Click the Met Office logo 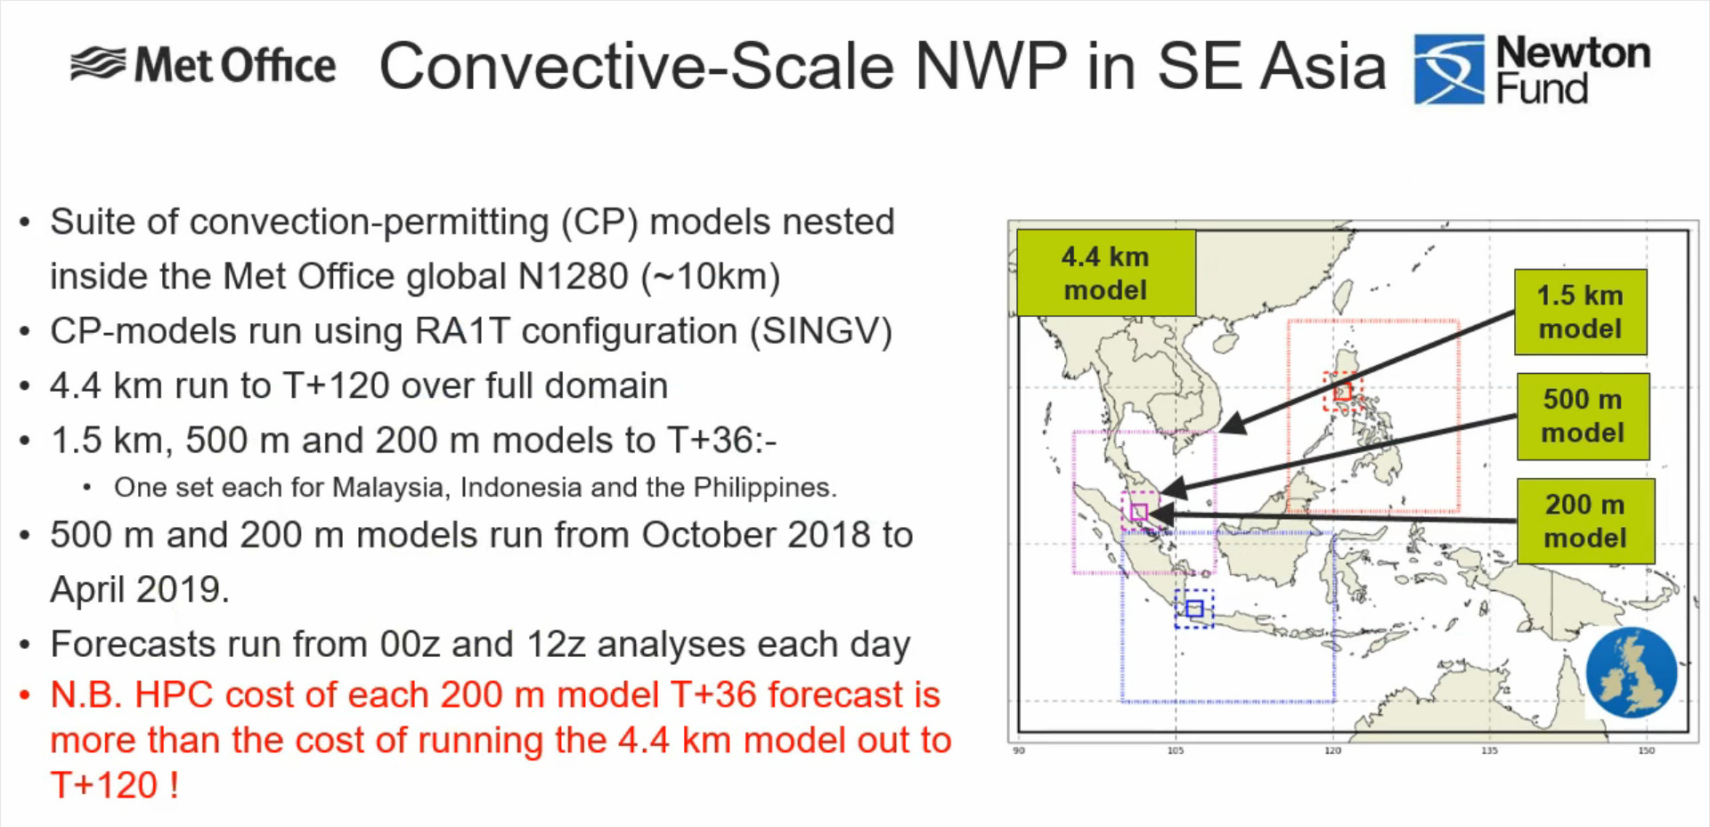pos(203,65)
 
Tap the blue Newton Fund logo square pos(1449,69)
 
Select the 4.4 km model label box pos(1105,273)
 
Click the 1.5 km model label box pos(1581,312)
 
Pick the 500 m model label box pos(1583,416)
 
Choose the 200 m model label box pos(1585,521)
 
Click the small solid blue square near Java pos(1194,609)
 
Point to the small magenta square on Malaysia pos(1139,512)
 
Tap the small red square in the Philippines pos(1342,392)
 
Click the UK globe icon pos(1632,673)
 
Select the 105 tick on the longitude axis pos(1176,751)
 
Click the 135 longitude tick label pos(1489,751)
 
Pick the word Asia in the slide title pos(1323,67)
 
